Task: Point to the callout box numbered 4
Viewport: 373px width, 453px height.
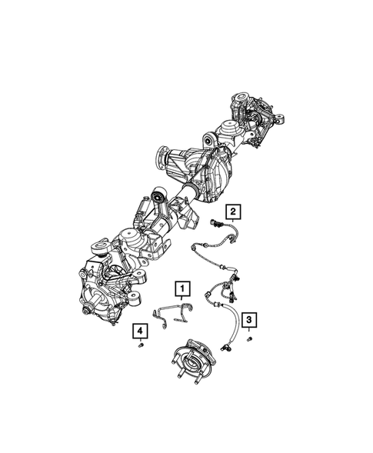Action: point(140,331)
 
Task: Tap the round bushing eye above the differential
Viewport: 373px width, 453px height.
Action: point(209,140)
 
